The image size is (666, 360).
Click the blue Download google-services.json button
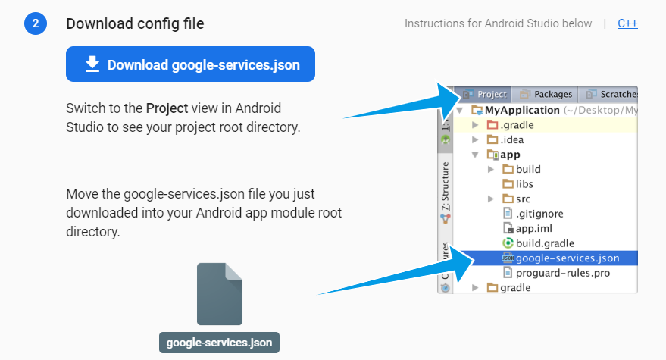(190, 64)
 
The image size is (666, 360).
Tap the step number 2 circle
(35, 23)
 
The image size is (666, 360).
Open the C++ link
(627, 23)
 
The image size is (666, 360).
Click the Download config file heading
(135, 23)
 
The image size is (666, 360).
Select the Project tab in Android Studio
(486, 95)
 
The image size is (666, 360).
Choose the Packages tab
(546, 95)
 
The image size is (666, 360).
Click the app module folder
(510, 155)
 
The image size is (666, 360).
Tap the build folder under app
(527, 169)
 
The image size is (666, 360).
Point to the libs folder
(524, 184)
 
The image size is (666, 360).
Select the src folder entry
(523, 199)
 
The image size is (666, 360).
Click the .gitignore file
(539, 214)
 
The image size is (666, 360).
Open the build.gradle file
(545, 243)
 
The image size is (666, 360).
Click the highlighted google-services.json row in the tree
(567, 258)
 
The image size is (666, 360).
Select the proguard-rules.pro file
(562, 273)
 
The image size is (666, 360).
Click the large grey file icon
(220, 294)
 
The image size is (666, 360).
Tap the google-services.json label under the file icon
(220, 342)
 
